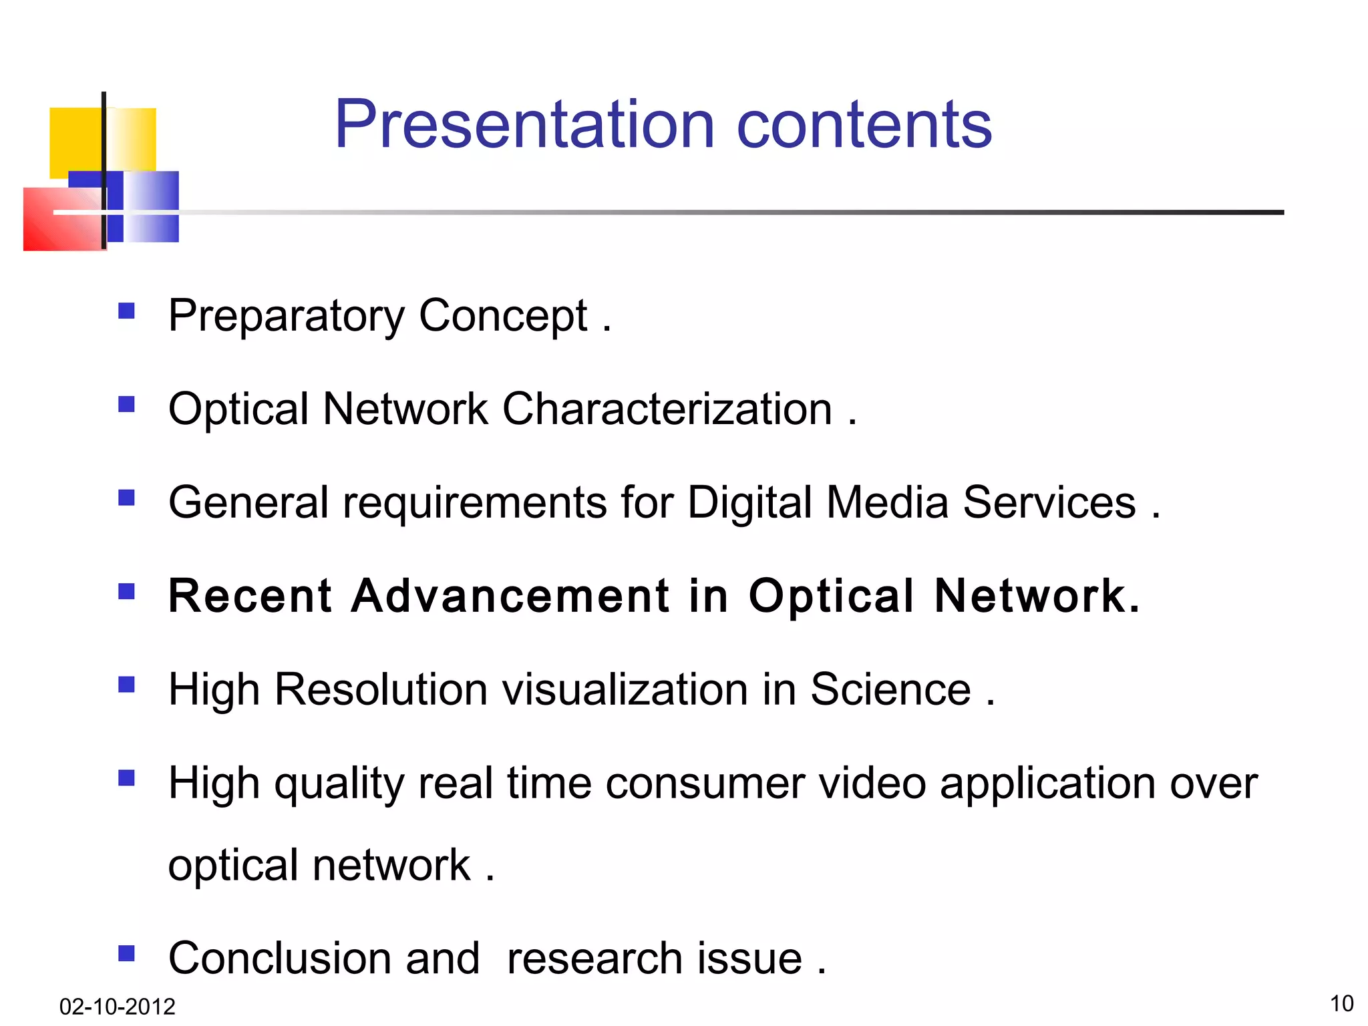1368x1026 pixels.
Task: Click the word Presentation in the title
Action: coord(524,125)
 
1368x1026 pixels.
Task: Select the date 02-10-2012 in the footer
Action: coord(117,1006)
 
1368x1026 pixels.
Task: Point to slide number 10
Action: coord(1341,1003)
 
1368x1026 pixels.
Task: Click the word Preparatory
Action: coord(286,316)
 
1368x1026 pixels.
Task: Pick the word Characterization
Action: coord(667,409)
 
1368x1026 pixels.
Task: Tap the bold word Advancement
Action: coord(510,596)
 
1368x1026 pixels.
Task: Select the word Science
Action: coord(890,689)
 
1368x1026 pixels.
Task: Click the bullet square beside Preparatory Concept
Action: coord(126,311)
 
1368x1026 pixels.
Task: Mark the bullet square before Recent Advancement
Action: coord(126,591)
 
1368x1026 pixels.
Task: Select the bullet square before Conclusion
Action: coord(126,953)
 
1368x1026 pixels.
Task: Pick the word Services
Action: coord(1049,502)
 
